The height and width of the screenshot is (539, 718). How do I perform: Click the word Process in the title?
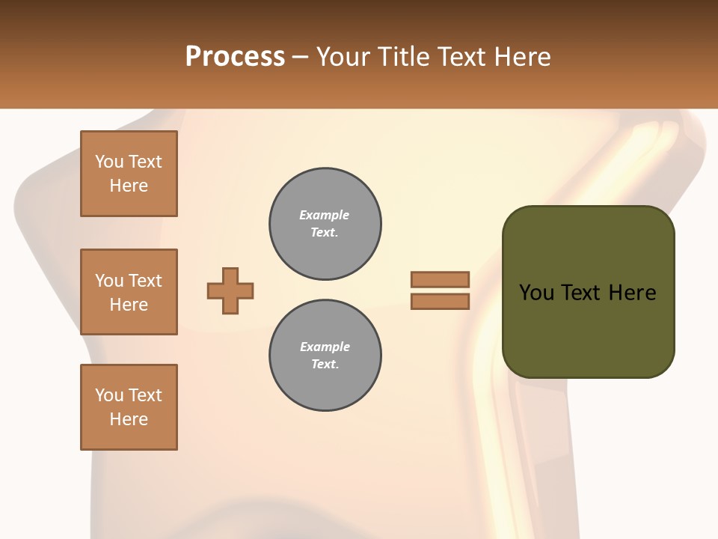pyautogui.click(x=235, y=57)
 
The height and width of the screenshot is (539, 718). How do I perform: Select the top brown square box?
pyautogui.click(x=129, y=174)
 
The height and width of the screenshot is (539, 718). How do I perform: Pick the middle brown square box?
pyautogui.click(x=129, y=292)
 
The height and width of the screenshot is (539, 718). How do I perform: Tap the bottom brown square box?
pyautogui.click(x=129, y=407)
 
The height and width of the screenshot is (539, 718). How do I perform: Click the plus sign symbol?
pyautogui.click(x=230, y=290)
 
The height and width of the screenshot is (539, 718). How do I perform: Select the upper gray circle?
pyautogui.click(x=325, y=224)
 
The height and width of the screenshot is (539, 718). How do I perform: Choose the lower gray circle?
pyautogui.click(x=325, y=356)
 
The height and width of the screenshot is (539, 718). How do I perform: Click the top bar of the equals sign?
pyautogui.click(x=440, y=279)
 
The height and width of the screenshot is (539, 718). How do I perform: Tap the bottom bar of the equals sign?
pyautogui.click(x=440, y=301)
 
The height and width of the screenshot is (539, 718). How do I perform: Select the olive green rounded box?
pyautogui.click(x=588, y=292)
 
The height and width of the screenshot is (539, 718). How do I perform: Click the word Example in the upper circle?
pyautogui.click(x=324, y=215)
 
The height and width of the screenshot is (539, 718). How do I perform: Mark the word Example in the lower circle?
pyautogui.click(x=325, y=347)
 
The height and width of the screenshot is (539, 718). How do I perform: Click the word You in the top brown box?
pyautogui.click(x=109, y=162)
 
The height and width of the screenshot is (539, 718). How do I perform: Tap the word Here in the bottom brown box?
pyautogui.click(x=129, y=419)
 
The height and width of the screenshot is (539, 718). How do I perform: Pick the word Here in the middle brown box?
pyautogui.click(x=129, y=305)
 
